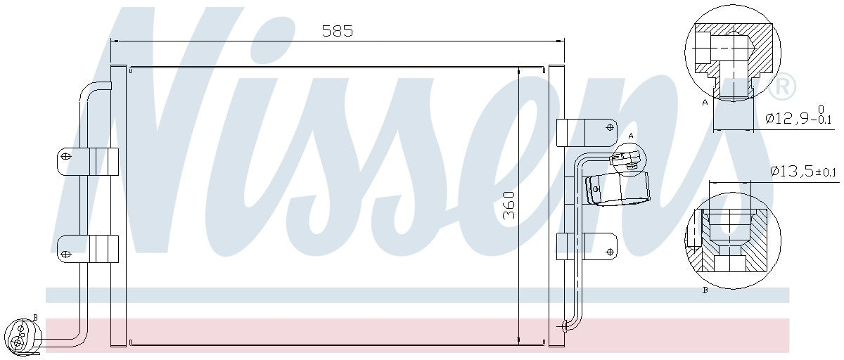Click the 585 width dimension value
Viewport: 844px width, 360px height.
pos(337,30)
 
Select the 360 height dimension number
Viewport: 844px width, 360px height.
pos(510,205)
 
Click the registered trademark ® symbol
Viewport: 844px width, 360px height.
pos(781,88)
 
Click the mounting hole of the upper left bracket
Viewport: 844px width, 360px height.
pos(65,156)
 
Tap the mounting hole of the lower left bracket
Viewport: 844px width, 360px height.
pos(65,253)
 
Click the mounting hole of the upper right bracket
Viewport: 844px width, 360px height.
pos(608,127)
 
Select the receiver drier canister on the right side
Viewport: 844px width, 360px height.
pos(619,190)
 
